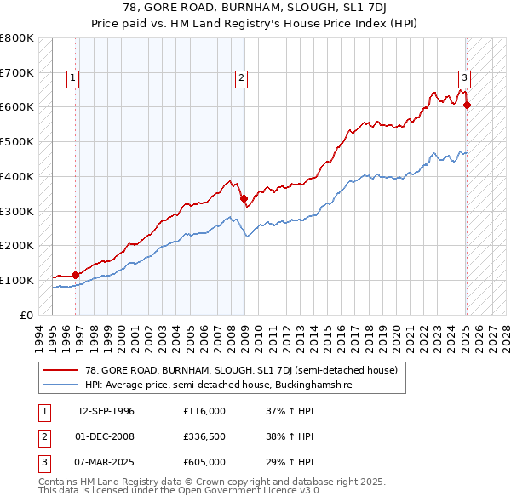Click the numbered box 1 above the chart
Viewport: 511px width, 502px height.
[x=72, y=78]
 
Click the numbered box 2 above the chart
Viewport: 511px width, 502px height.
[x=242, y=78]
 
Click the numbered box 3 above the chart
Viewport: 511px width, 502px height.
[x=464, y=78]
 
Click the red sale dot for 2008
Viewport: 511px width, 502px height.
[x=244, y=197]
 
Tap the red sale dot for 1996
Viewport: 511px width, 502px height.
[x=75, y=274]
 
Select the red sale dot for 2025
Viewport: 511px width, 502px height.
[x=467, y=105]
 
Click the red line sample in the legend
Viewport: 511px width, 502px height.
[x=60, y=370]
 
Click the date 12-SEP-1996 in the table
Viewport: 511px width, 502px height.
[x=106, y=411]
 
